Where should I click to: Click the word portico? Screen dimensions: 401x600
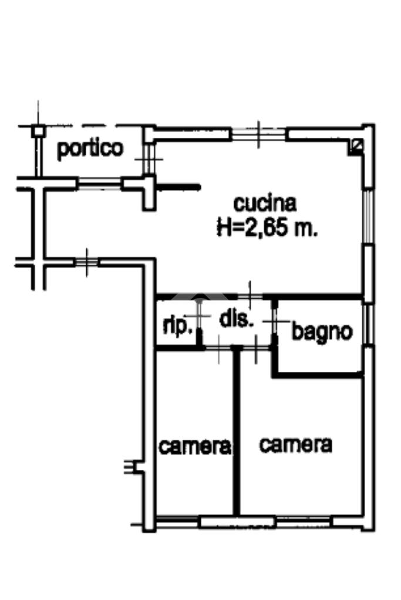pos(90,148)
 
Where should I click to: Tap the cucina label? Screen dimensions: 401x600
pos(265,204)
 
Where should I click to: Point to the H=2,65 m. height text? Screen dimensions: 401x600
pos(267,229)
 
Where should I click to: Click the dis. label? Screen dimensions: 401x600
pos(236,320)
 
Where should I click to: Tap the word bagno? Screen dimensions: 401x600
pos(322,332)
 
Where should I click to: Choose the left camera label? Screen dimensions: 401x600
pos(194,447)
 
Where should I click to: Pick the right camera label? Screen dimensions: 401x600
pos(295,445)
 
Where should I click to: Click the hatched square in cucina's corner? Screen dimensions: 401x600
pos(356,146)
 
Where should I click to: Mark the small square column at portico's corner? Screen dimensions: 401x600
pos(38,132)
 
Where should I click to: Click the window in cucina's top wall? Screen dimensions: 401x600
pos(259,134)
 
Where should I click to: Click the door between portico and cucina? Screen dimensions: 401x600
pos(149,158)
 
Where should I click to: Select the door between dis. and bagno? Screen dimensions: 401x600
pos(275,321)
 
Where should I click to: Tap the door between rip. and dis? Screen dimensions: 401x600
pos(200,317)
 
